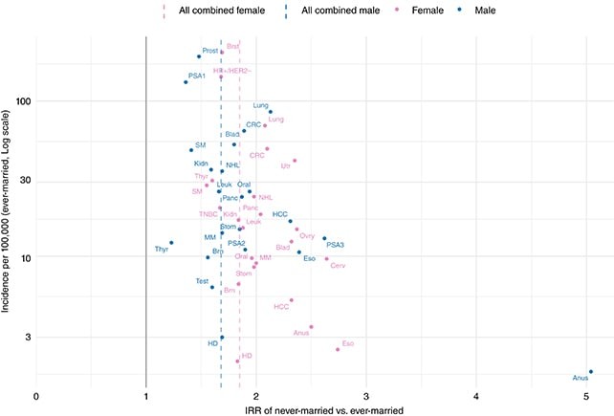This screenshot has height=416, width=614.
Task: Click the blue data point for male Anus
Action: click(591, 371)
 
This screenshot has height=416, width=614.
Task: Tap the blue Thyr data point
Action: click(171, 243)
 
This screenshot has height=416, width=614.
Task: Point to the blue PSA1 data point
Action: click(186, 82)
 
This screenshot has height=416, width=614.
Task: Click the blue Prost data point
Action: click(199, 56)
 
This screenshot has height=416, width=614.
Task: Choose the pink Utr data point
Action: click(295, 161)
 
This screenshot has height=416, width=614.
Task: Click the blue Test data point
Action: click(212, 287)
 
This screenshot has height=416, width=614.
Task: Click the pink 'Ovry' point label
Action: click(307, 235)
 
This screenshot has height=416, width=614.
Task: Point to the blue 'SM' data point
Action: click(191, 150)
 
